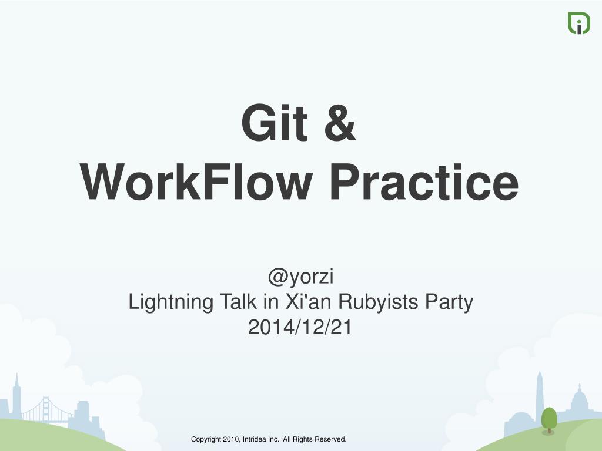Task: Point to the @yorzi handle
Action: click(301, 275)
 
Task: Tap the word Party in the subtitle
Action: click(449, 302)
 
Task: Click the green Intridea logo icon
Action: click(578, 23)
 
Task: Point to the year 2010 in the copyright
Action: click(232, 439)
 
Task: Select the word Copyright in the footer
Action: click(206, 439)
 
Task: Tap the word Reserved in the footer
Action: click(330, 439)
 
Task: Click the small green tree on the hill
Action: click(549, 419)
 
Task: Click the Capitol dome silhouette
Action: click(578, 399)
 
